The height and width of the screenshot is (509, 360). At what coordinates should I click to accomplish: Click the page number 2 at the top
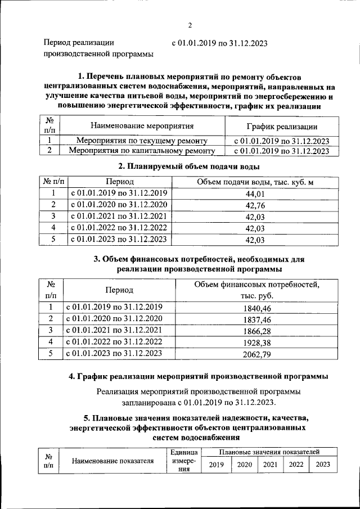pos(190,25)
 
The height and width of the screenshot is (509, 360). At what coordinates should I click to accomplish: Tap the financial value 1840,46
pos(258,308)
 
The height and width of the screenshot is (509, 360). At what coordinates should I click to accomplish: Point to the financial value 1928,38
pos(258,343)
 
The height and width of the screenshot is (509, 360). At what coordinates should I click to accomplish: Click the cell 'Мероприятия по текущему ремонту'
pos(142,141)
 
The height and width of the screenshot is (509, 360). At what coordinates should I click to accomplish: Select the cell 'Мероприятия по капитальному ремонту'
pos(142,151)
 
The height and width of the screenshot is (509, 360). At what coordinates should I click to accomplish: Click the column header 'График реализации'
pos(282,127)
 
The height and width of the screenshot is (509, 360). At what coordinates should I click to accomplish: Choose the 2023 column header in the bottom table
pos(323,464)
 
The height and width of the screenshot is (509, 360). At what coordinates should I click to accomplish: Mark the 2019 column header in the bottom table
pos(217,464)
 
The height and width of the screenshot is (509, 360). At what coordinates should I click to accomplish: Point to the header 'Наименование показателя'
pos(113,461)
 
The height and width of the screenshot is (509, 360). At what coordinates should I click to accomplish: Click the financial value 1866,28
pos(258,331)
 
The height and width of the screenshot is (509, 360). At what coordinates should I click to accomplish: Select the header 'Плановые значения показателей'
pos(270,452)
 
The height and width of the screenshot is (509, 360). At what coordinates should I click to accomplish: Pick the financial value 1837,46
pos(258,319)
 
